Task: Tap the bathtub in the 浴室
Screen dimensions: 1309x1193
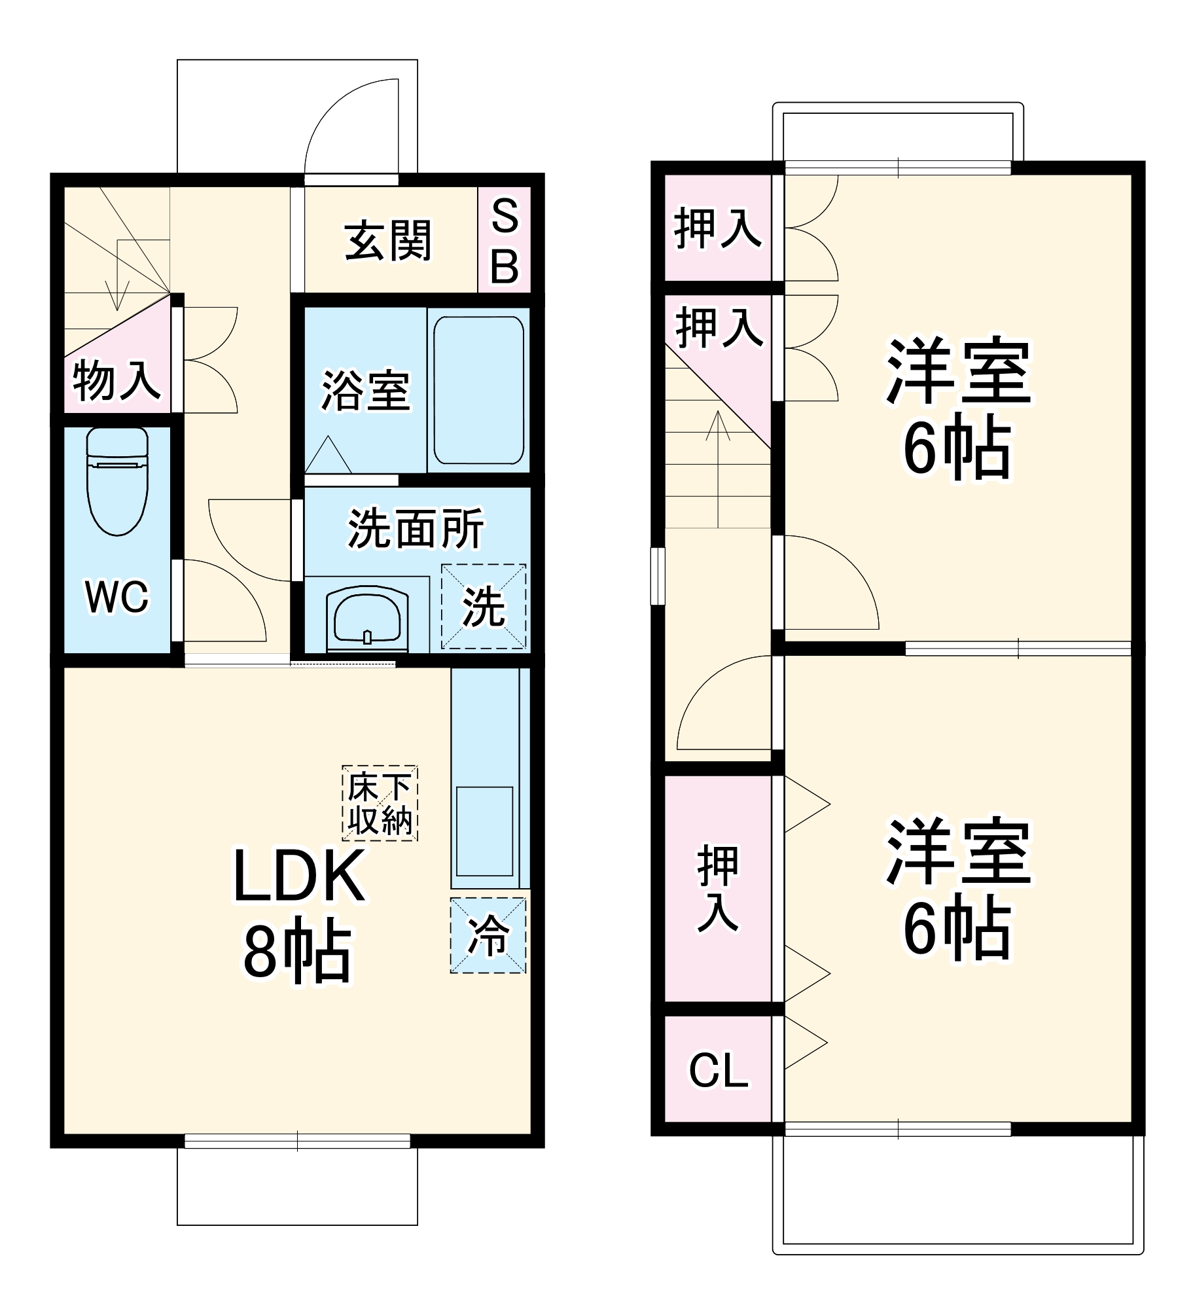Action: point(478,390)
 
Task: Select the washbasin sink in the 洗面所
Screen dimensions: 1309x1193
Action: point(367,616)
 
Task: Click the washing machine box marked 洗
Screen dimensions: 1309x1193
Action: point(484,606)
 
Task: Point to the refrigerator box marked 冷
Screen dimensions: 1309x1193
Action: point(488,935)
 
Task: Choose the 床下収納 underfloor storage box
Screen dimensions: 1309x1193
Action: point(380,802)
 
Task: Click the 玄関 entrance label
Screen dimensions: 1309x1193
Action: point(388,241)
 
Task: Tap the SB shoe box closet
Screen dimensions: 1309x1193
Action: point(504,240)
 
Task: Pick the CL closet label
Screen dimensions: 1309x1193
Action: point(718,1071)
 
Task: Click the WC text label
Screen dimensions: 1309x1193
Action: point(117,596)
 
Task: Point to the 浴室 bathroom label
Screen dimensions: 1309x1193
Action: point(365,391)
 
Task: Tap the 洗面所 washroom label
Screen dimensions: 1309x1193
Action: point(416,528)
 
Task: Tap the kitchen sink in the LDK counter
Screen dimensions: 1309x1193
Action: point(484,831)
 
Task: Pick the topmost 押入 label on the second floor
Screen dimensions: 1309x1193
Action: point(718,228)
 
